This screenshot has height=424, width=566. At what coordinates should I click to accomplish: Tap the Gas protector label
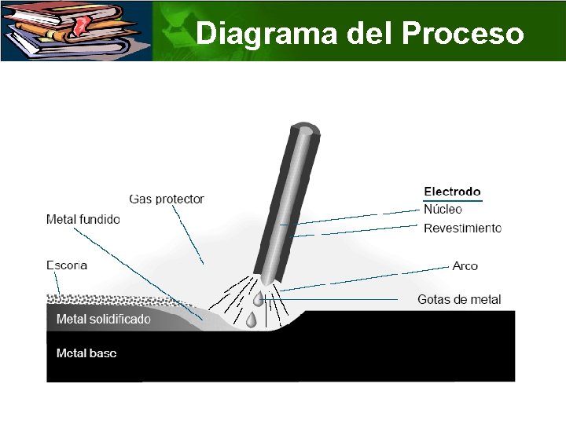167,199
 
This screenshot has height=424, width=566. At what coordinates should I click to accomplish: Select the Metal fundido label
83,220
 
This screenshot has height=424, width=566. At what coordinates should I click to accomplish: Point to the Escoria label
67,265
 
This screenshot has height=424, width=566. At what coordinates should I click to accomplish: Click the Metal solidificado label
104,320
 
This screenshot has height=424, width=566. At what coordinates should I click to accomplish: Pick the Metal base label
86,353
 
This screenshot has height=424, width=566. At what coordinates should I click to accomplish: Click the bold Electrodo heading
452,192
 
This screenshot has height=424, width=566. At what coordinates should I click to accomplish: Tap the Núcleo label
443,210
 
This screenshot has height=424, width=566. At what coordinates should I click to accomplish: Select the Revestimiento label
462,228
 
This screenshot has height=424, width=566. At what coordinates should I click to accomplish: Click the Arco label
465,266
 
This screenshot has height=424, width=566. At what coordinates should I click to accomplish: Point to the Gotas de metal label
459,300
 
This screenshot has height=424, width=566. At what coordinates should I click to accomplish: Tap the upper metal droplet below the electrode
258,299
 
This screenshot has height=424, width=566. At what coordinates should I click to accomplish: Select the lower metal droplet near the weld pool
251,320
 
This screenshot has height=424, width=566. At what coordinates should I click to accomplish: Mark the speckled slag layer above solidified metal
102,298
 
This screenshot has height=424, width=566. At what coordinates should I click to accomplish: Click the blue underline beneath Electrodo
452,201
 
